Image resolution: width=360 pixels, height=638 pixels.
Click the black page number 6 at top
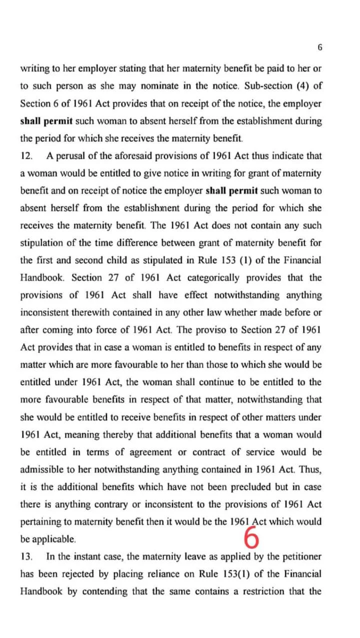pos(320,47)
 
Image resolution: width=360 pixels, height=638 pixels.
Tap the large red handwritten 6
pos(252,538)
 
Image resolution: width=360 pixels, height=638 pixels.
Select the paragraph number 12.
pos(26,156)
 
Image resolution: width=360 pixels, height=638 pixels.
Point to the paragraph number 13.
pos(26,557)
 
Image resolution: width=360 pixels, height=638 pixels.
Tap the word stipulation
pos(42,243)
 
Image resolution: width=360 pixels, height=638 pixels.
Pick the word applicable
pos(54,540)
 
